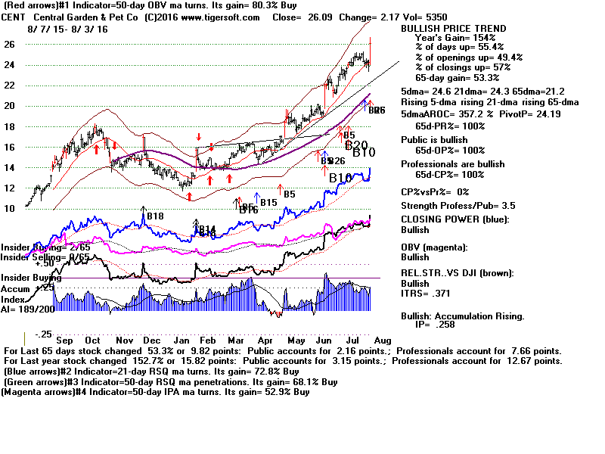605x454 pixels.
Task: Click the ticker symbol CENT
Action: point(15,17)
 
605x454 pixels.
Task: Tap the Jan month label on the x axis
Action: point(185,340)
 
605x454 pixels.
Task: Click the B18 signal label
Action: point(155,216)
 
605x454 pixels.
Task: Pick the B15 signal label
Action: point(268,203)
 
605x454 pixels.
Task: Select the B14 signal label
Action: point(207,229)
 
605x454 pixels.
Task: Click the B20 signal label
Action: point(356,145)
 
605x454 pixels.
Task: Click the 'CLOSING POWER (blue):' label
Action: point(455,219)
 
